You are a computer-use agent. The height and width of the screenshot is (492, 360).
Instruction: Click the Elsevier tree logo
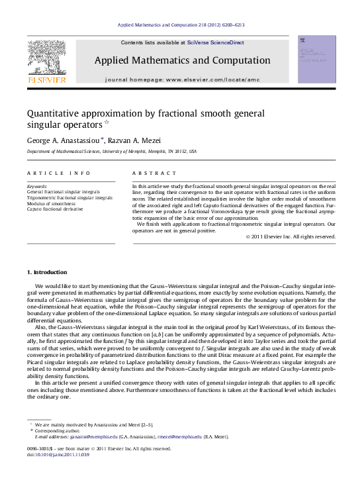46,58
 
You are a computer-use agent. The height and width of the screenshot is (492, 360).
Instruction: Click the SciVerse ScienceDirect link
215,42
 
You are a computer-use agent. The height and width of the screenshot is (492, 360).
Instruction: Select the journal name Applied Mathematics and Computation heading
182,60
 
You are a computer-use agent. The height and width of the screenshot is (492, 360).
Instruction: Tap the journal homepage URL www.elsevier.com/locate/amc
205,79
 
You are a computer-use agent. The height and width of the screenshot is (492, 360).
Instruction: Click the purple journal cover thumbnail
316,61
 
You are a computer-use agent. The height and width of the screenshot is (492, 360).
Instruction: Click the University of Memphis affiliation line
111,152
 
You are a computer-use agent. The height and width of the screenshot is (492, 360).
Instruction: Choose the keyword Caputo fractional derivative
55,209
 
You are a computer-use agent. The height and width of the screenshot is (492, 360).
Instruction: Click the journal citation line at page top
180,25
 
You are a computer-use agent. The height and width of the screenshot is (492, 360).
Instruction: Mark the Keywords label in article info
37,187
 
